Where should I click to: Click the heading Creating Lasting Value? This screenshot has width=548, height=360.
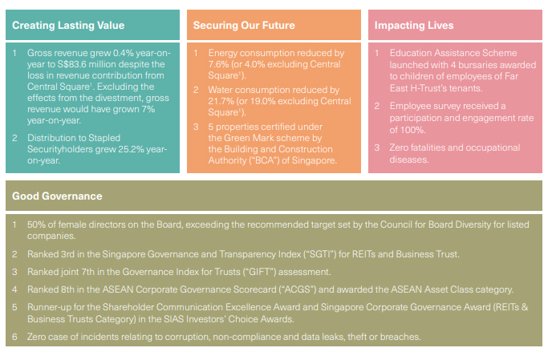point(68,26)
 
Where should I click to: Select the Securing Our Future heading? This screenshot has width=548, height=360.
point(244,26)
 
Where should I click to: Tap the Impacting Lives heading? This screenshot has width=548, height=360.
point(414,26)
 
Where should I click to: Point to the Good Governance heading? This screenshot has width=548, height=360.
point(57,196)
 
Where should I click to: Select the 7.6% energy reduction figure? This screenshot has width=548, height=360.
point(218,64)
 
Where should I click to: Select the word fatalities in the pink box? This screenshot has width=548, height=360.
point(428,148)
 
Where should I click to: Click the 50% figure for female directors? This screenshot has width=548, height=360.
point(36,224)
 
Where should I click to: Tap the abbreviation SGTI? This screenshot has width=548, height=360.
point(319,254)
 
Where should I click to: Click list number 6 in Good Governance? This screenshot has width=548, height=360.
point(14,337)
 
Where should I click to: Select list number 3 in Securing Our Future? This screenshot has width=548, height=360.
point(196,127)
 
